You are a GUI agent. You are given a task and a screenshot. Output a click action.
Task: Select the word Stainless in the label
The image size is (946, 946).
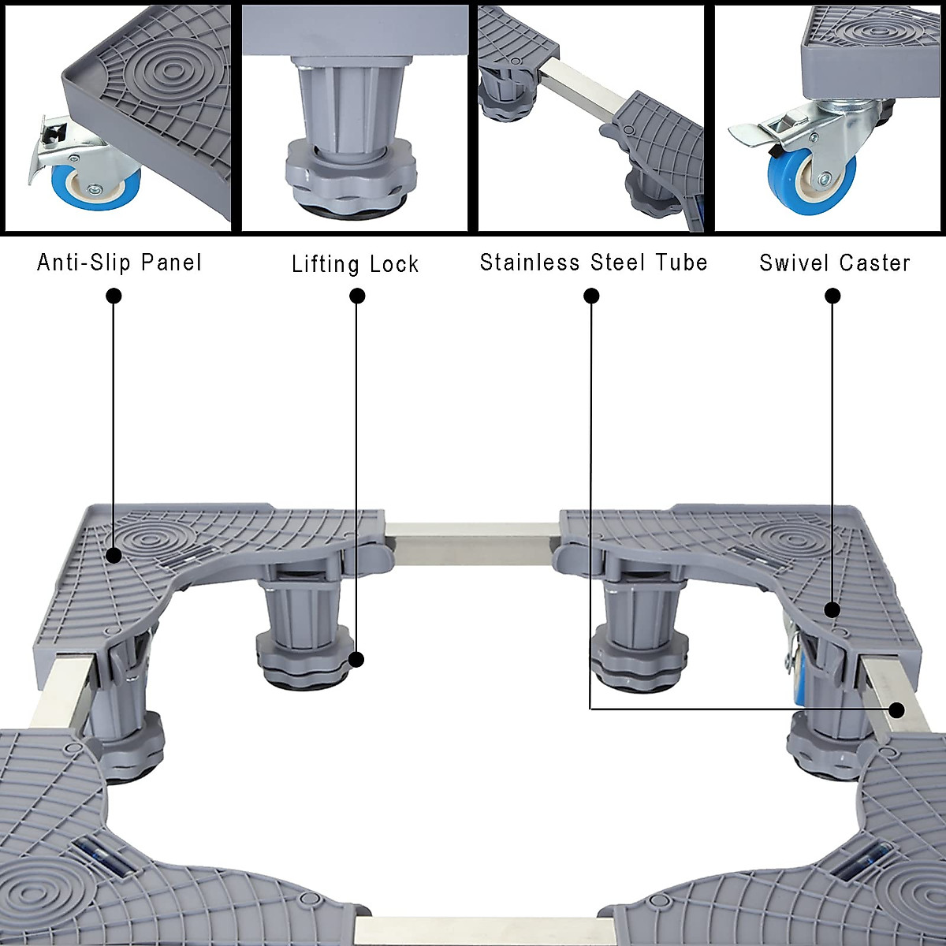530,263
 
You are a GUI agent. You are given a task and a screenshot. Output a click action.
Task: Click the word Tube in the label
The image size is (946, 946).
681,263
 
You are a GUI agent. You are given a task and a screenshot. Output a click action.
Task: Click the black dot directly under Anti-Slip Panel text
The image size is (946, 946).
114,296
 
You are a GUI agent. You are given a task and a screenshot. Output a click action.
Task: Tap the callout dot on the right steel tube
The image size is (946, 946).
896,709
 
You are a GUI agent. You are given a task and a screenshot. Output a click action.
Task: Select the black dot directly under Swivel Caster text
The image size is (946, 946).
832,296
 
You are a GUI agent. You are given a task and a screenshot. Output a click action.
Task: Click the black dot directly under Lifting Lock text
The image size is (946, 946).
357,296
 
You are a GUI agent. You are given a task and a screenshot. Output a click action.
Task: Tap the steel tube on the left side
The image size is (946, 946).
59,694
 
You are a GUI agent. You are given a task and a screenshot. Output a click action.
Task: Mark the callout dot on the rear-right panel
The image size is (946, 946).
832,609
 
